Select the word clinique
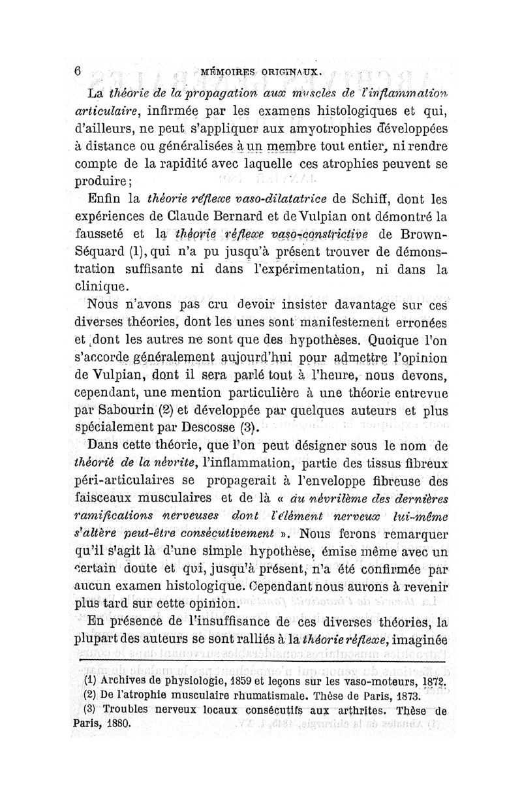tap(104, 287)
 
